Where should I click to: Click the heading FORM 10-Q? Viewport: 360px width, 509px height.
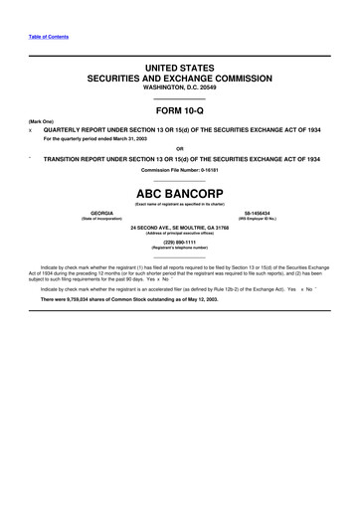pyautogui.click(x=180, y=113)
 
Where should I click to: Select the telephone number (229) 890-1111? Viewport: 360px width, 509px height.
pyautogui.click(x=180, y=241)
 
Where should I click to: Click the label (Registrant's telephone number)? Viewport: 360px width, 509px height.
pyautogui.click(x=180, y=247)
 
